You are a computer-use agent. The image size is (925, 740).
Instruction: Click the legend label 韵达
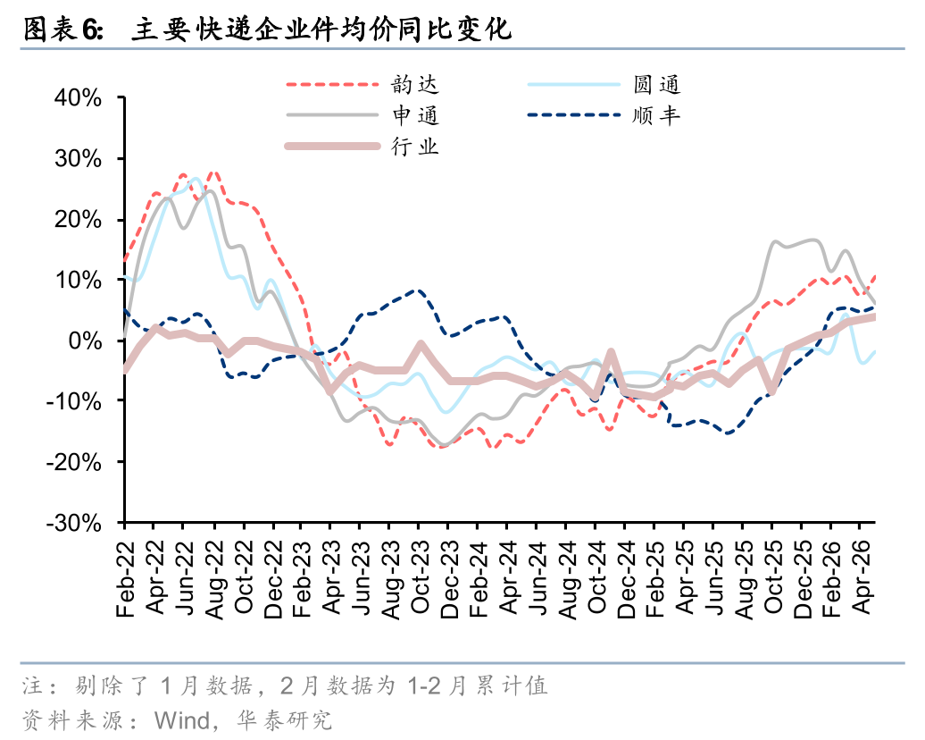point(414,84)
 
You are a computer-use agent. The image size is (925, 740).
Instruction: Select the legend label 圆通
point(656,84)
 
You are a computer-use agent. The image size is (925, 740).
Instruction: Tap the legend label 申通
point(415,115)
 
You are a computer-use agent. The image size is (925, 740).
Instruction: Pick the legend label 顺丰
point(656,115)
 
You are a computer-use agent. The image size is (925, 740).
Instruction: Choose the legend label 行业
point(414,147)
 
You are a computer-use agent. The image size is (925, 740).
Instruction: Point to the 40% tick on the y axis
point(78,98)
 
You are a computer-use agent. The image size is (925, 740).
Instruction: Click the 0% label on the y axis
point(85,341)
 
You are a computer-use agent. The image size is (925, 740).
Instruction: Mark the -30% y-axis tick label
point(74,523)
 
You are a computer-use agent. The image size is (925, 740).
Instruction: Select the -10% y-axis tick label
point(74,401)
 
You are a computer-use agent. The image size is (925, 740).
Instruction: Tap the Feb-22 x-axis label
point(125,579)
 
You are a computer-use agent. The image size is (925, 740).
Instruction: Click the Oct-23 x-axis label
point(420,576)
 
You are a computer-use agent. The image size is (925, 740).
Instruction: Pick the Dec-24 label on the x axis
point(626,579)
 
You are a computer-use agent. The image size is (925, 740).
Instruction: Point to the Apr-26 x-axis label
point(862,577)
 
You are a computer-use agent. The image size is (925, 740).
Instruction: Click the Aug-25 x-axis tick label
point(744,580)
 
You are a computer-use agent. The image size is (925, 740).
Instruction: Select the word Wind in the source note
point(182,720)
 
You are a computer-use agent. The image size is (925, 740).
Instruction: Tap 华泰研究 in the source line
point(285,720)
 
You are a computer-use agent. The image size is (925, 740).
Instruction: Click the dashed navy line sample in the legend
point(573,115)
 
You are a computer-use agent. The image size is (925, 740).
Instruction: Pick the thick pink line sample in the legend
point(332,147)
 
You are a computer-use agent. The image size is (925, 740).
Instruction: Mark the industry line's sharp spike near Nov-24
point(611,353)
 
